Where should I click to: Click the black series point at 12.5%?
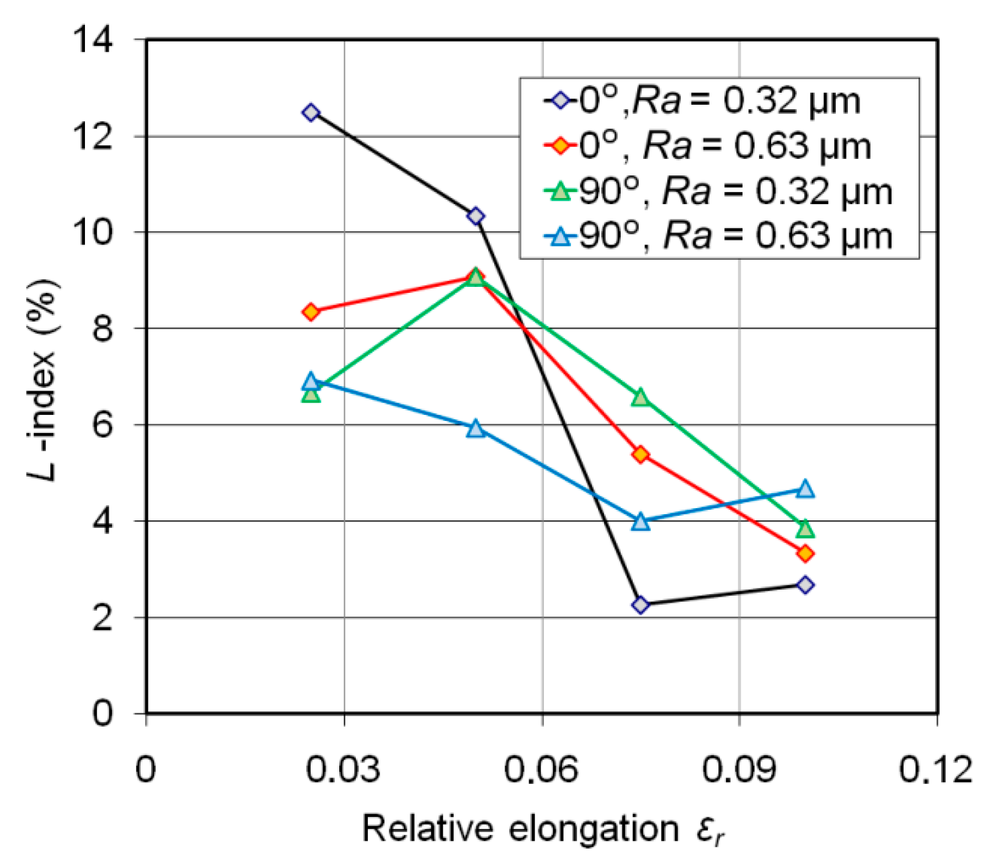click(311, 113)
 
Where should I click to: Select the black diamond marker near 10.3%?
click(476, 216)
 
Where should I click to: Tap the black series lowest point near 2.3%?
click(640, 605)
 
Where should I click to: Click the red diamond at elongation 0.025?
click(311, 312)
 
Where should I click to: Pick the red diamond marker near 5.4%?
click(640, 455)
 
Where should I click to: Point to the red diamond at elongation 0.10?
click(805, 553)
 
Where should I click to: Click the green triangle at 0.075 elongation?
click(640, 397)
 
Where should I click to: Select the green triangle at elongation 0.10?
click(805, 528)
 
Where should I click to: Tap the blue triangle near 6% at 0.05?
click(476, 429)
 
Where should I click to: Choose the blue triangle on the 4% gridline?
click(640, 521)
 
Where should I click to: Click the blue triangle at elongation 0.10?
click(805, 489)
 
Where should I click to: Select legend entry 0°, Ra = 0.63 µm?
click(723, 146)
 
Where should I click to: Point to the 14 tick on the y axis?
click(94, 40)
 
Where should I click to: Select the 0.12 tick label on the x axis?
click(936, 769)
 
